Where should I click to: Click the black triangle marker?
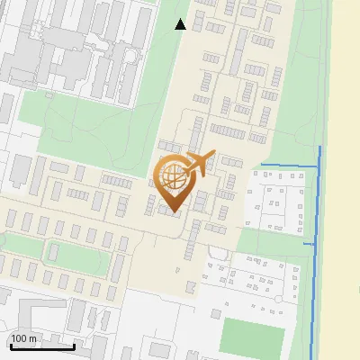pyautogui.click(x=181, y=24)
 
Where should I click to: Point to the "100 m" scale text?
pyautogui.click(x=24, y=338)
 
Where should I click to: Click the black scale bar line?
pyautogui.click(x=41, y=346)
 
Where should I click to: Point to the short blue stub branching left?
pyautogui.click(x=310, y=243)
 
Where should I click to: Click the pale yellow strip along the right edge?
pyautogui.click(x=346, y=180)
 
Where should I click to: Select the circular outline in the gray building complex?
pyautogui.click(x=131, y=55)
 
